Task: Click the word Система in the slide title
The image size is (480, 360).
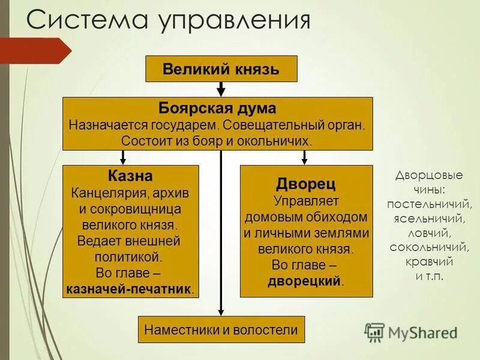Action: pos(87,21)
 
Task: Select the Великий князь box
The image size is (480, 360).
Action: pos(221,68)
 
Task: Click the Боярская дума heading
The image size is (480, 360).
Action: pos(217,109)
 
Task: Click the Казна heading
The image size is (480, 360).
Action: pos(130,176)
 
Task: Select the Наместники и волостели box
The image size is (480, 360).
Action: pos(221,329)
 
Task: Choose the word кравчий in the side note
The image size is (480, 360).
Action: pos(428,262)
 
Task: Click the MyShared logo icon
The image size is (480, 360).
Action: pos(375,332)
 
